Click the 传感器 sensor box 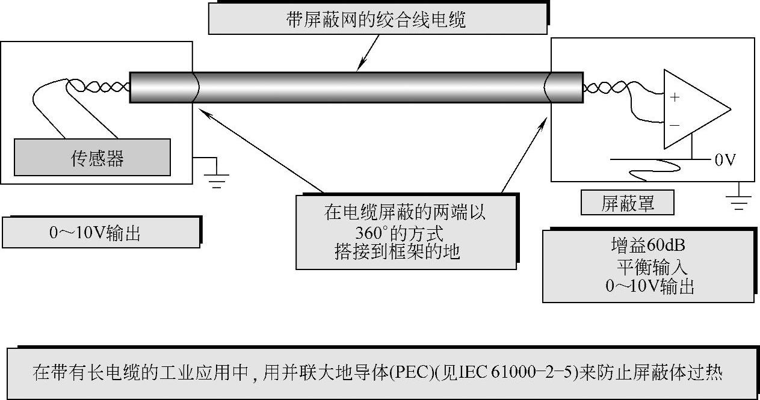click(92, 158)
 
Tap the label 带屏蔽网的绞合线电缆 click(377, 20)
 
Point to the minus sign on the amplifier click(675, 125)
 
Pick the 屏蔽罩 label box click(627, 203)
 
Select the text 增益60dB click(647, 245)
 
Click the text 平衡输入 click(650, 266)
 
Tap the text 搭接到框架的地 click(397, 251)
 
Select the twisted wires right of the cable click(602, 88)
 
